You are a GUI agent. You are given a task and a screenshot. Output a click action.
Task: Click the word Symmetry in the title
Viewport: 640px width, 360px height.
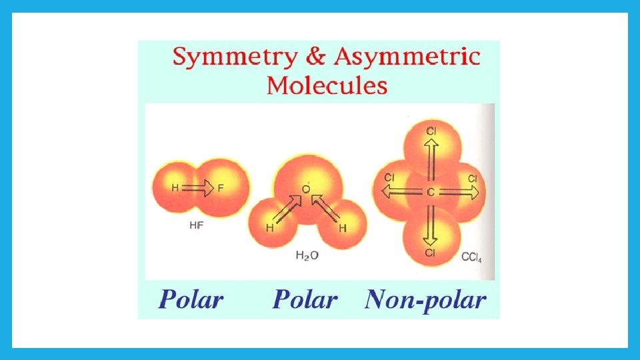(234, 57)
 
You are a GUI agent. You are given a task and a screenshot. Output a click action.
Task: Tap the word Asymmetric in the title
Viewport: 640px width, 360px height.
(407, 57)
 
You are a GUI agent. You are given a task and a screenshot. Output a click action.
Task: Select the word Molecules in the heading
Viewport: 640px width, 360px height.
(327, 85)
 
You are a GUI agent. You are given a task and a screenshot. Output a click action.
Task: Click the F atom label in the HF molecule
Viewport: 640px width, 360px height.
(221, 189)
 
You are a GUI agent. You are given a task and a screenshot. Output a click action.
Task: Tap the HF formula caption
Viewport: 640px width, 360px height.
(197, 225)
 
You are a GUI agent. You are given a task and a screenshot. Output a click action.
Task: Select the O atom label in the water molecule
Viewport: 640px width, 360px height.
(306, 190)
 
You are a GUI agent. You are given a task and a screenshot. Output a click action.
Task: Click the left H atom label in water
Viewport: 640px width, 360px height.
(269, 228)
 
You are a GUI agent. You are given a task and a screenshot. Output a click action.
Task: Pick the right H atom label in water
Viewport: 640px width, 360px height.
(343, 228)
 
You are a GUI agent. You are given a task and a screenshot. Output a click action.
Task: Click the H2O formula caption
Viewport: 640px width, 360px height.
(307, 255)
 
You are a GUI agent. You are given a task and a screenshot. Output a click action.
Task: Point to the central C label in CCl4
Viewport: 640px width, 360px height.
(431, 193)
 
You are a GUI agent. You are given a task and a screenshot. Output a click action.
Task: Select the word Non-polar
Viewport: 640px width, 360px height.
(425, 300)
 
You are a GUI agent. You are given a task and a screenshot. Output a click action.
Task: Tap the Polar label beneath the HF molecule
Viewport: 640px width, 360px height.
(191, 300)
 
